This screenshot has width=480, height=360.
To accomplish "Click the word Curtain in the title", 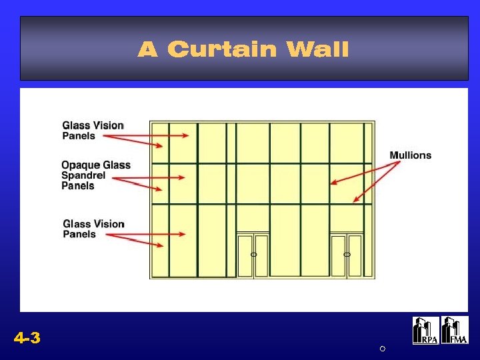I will point(221,49).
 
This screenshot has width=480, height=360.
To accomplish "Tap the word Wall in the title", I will point(317,49).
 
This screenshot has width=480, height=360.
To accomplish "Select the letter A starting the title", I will point(147,49).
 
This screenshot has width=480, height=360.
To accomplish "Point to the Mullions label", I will point(410,155).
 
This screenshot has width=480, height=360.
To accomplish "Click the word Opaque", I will point(81,165).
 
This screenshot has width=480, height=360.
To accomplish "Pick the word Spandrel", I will point(83,175).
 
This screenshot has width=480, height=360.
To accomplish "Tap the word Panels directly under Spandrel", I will point(78,186).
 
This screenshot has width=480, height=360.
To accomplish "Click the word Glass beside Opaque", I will point(117,165).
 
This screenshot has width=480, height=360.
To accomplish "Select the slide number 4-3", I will point(27,339).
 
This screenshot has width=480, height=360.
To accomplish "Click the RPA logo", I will point(425,330).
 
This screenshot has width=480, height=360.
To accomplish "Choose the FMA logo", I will point(455,330).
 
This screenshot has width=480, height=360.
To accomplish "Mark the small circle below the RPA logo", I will point(383,349).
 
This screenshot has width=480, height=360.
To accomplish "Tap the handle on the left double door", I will point(253,255).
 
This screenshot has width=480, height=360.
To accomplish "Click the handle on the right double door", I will point(347,255).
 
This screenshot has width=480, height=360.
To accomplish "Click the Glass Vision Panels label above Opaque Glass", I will point(93,130).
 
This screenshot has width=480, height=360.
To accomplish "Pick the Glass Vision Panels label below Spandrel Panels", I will point(93,229).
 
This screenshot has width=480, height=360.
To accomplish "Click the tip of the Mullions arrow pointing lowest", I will point(354,201).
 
